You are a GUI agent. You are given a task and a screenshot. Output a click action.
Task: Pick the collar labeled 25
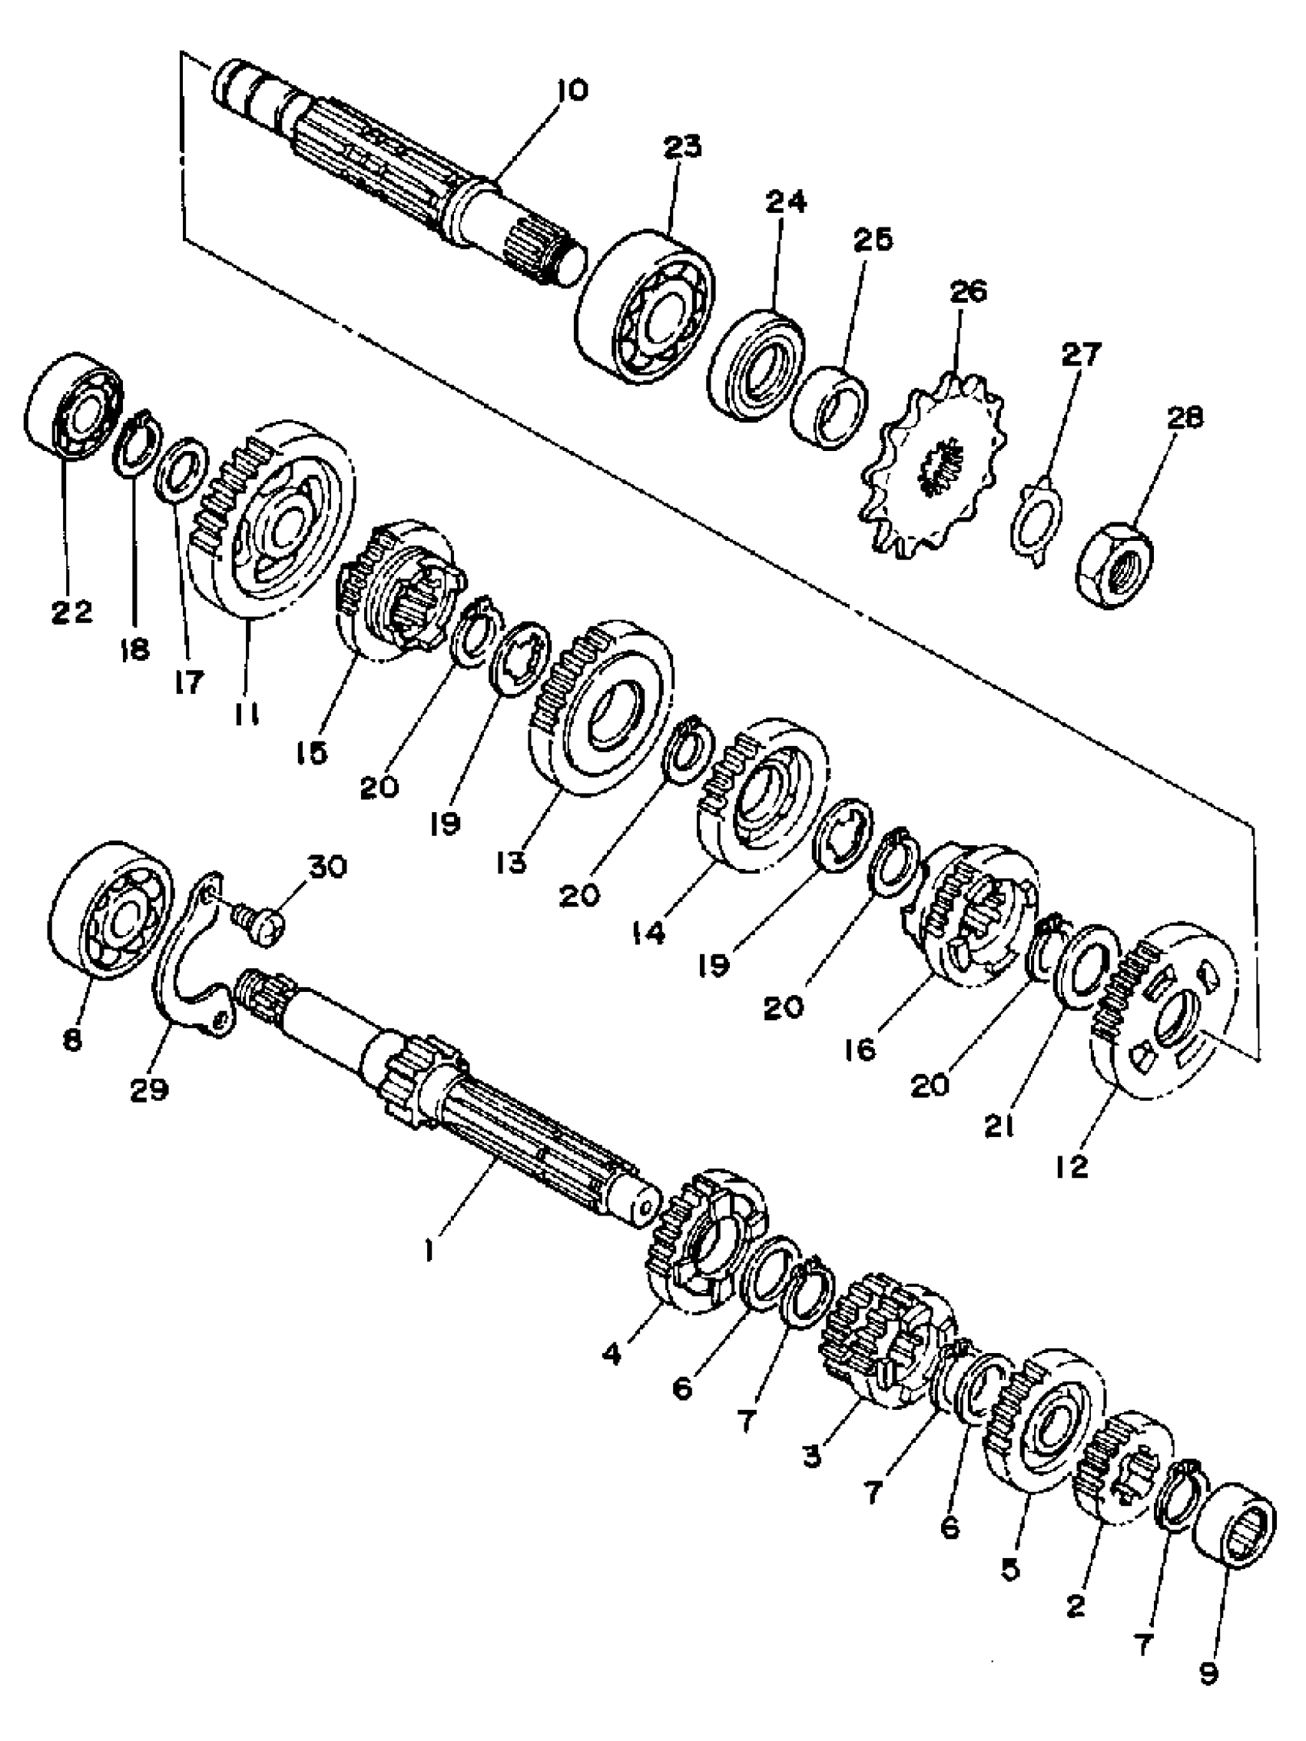click(x=828, y=407)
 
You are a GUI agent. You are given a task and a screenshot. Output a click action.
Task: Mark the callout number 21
click(x=998, y=1126)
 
